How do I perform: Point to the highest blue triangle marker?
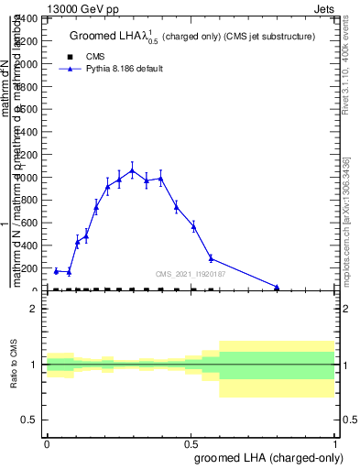(132, 170)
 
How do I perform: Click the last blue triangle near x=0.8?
(277, 287)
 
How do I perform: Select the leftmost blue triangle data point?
(57, 271)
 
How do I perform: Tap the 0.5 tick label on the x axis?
(191, 443)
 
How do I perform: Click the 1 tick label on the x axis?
(335, 443)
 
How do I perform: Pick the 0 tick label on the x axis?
(47, 443)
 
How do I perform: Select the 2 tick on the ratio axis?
(35, 309)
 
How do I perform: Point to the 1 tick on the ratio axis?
(35, 365)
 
